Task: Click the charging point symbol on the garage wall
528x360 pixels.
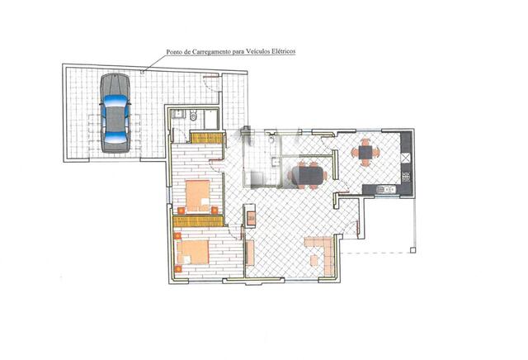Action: point(143,72)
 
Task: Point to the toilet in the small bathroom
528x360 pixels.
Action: point(193,116)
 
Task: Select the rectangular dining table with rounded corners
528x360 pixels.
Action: point(309,176)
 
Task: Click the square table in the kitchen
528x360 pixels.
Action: point(365,153)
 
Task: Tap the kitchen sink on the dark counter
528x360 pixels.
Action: point(386,190)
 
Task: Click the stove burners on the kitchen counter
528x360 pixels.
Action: point(406,177)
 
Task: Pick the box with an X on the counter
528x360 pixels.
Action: point(406,158)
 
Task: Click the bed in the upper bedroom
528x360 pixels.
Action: point(198,196)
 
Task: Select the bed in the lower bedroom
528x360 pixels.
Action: point(193,252)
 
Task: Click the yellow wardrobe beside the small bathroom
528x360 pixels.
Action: point(207,138)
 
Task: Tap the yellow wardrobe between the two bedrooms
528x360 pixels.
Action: point(198,221)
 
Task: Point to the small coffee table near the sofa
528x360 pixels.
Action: point(314,261)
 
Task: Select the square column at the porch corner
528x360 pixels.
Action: point(412,250)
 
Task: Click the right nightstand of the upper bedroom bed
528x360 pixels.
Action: point(214,210)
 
